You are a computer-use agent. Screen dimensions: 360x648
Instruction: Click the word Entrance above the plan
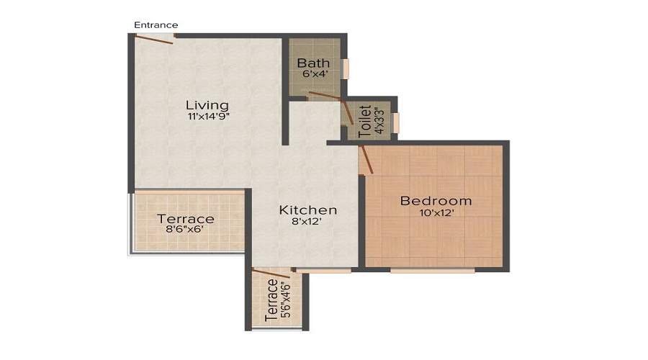[x=156, y=25]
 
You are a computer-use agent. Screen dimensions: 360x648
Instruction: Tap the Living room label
[x=207, y=104]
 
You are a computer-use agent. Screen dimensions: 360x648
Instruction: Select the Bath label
[x=313, y=63]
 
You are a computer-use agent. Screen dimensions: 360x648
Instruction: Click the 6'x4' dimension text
[x=313, y=73]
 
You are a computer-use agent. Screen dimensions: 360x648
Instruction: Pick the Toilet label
[x=364, y=121]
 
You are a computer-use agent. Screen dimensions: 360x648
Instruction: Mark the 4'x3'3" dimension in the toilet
[x=378, y=121]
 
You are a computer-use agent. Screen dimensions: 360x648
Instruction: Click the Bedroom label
[x=436, y=201]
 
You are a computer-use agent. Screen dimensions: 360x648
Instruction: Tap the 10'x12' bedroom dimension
[x=436, y=213]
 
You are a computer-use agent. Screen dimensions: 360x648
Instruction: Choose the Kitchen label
[x=308, y=210]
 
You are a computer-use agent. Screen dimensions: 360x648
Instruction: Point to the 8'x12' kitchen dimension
[x=308, y=222]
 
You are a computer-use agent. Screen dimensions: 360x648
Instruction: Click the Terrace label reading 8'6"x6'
[x=186, y=219]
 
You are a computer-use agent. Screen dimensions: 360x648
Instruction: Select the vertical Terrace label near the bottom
[x=271, y=300]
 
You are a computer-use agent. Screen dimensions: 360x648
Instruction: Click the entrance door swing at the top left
[x=155, y=39]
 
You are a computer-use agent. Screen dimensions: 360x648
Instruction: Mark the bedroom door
[x=366, y=158]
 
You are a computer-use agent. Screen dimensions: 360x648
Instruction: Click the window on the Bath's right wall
[x=346, y=68]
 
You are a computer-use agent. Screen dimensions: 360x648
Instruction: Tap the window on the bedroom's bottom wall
[x=432, y=271]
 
